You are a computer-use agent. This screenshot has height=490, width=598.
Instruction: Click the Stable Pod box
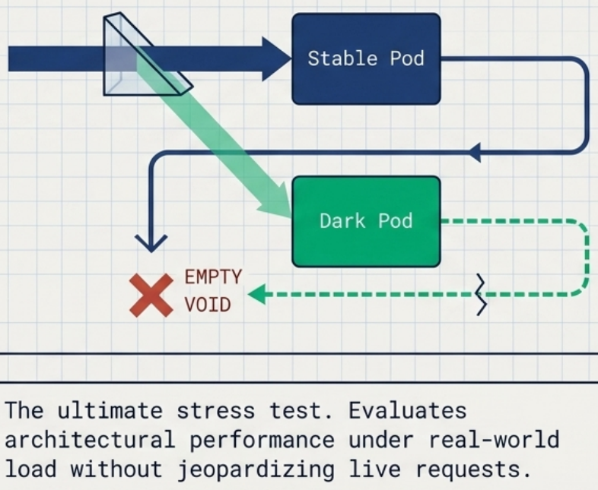366,58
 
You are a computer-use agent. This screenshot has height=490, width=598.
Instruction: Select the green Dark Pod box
366,221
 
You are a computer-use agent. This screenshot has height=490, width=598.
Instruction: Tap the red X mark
151,296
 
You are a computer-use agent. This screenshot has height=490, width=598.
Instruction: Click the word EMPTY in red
213,277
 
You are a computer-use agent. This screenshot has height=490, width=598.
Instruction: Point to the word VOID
208,305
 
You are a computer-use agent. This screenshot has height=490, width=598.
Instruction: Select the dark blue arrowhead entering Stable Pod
277,58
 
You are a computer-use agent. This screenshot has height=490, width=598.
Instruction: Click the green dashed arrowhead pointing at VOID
256,294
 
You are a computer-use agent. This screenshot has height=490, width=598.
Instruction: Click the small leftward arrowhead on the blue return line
474,153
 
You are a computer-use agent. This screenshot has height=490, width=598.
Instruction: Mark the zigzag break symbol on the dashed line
482,294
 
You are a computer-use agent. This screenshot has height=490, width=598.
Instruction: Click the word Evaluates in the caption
407,410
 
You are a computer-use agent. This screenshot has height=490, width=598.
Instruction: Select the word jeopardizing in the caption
256,469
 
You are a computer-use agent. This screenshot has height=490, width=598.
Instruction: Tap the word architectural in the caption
90,439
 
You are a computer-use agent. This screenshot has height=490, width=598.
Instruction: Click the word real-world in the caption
495,439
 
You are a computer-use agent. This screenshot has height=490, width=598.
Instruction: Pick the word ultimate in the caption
110,410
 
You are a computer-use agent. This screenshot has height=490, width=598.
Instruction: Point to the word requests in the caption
473,469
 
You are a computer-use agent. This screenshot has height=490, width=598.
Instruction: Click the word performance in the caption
262,440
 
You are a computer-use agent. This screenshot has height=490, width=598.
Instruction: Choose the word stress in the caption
216,411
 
